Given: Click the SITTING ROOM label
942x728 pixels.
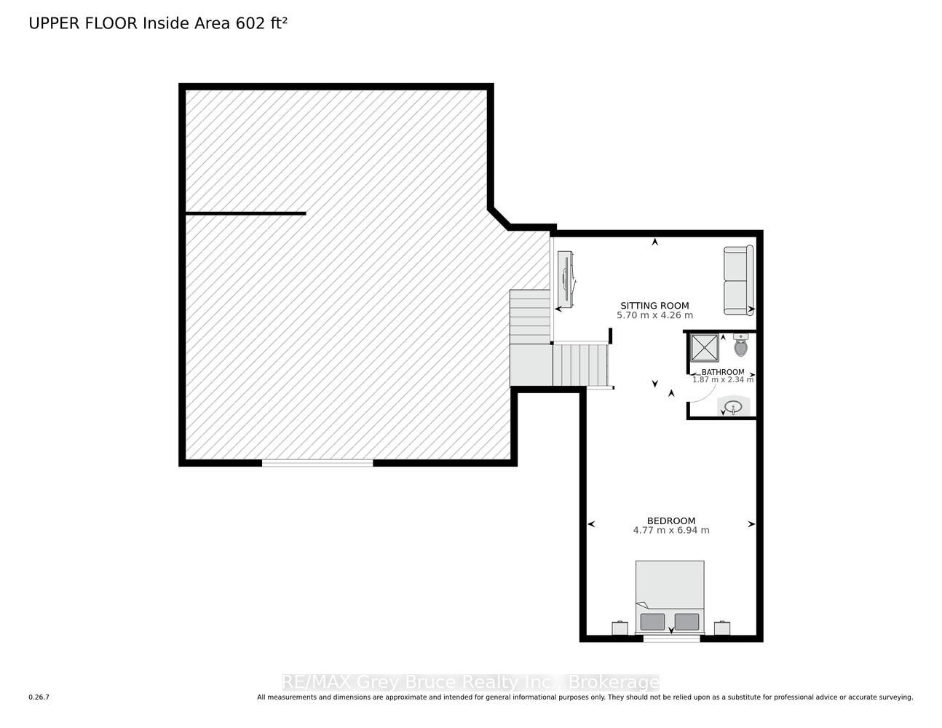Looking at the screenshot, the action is tap(654, 306).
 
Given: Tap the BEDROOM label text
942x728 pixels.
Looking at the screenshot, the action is tap(671, 521).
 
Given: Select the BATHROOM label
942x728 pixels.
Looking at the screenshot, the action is tap(723, 372).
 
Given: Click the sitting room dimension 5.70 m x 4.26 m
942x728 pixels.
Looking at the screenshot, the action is tap(654, 315).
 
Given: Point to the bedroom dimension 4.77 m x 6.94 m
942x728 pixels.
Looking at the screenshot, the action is tap(671, 530).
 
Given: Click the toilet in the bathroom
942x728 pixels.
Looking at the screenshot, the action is tap(741, 344).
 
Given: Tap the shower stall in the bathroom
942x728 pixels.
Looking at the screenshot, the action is tap(705, 348).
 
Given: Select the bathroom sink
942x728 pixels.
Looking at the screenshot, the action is tap(733, 406).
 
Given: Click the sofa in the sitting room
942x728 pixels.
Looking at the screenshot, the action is tap(738, 280).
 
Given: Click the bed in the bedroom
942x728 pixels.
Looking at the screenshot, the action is tap(670, 597).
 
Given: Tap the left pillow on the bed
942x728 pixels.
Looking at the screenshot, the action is tap(652, 622).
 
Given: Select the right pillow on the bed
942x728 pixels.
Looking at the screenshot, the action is tap(686, 622).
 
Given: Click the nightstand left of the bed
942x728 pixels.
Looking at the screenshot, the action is tap(620, 628).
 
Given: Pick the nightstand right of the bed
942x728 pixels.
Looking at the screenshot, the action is tap(721, 628).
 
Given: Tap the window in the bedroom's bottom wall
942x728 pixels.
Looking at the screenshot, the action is tap(671, 638).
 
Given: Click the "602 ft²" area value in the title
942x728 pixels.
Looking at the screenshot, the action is tap(261, 23).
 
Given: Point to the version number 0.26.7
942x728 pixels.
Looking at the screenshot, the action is tap(39, 697).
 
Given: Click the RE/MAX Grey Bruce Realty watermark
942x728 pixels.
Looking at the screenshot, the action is tap(471, 682).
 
